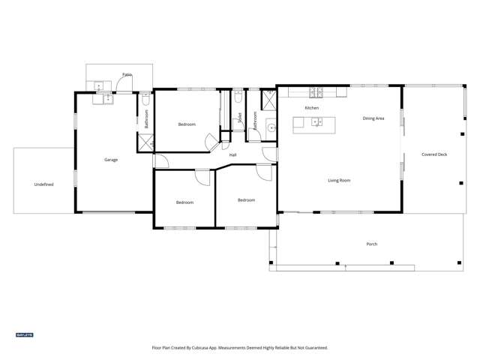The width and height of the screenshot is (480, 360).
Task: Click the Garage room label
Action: tap(111, 160)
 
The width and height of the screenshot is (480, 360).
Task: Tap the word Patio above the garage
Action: tap(128, 74)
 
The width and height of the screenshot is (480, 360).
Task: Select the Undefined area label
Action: tap(43, 184)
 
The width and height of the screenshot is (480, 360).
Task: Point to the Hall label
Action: tap(233, 155)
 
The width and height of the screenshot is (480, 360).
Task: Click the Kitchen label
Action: tap(311, 108)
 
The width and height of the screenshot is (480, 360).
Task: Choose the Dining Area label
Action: tap(373, 118)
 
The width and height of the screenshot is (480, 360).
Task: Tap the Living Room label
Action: tap(339, 180)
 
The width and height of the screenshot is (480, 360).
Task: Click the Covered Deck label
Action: tap(434, 154)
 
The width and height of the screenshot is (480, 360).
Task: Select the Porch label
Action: tap(371, 244)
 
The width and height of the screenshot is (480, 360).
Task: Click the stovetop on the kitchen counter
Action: tap(316, 92)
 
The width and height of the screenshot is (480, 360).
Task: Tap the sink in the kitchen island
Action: tap(316, 122)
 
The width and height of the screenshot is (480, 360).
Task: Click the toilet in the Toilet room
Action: tap(237, 97)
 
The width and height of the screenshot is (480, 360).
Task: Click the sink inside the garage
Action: tap(103, 97)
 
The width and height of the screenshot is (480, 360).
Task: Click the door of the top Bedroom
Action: tap(211, 139)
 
